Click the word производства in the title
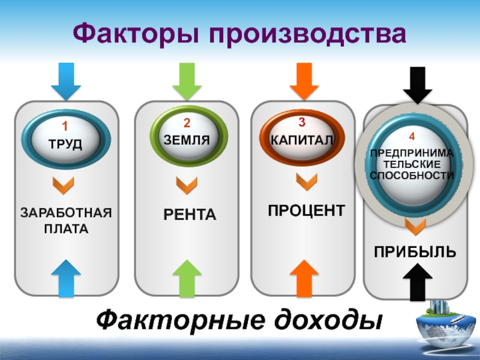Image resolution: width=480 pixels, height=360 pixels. [308, 34]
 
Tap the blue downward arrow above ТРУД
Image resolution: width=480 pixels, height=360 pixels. [66, 82]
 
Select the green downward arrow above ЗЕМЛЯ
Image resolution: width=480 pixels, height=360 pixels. [187, 82]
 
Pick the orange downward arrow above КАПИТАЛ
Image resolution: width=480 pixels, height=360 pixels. [304, 82]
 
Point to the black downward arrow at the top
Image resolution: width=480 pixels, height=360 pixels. [418, 85]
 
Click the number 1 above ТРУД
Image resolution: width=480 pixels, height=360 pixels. [65, 126]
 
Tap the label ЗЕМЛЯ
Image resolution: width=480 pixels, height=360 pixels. [187, 140]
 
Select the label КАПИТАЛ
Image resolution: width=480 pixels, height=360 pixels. [302, 140]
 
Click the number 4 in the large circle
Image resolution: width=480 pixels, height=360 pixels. [412, 136]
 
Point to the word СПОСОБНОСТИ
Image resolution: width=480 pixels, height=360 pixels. [412, 175]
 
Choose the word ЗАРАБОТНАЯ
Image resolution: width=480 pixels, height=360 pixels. [66, 212]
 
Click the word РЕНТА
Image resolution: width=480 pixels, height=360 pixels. [190, 214]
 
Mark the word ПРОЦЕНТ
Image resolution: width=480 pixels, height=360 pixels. [307, 211]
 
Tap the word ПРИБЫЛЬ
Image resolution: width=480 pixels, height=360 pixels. [415, 252]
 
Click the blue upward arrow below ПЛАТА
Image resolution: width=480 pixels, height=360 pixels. [66, 278]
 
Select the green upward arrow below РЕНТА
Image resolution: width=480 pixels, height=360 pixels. [187, 278]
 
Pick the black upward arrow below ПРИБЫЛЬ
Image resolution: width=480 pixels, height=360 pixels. [418, 282]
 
